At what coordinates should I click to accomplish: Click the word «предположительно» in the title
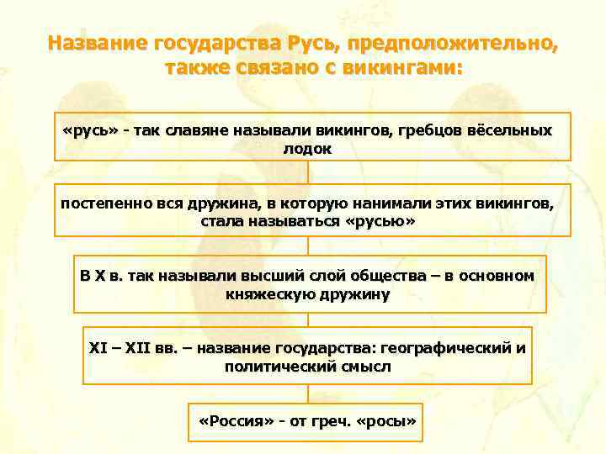452,42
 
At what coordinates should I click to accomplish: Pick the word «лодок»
308,149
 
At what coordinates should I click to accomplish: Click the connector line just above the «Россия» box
308,393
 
